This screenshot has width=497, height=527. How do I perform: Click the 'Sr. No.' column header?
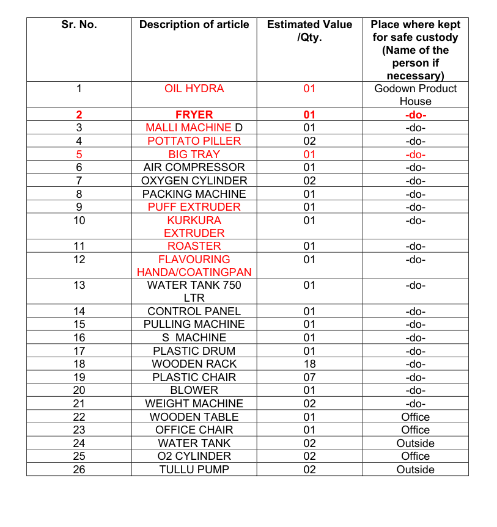tap(79, 25)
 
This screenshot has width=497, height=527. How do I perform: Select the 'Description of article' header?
tap(194, 25)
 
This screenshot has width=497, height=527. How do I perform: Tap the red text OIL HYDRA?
tap(194, 89)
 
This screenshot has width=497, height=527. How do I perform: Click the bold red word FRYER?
tap(194, 115)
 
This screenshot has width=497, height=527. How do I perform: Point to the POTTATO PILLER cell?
tap(194, 141)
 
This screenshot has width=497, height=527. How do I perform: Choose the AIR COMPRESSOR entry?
tap(194, 167)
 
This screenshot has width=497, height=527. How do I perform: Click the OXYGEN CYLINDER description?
tap(194, 181)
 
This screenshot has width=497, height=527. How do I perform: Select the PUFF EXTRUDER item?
tap(194, 207)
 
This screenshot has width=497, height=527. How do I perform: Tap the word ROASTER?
tap(194, 246)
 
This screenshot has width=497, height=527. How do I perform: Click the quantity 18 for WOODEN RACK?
tap(309, 364)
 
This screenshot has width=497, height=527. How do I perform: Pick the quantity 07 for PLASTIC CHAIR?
tap(309, 377)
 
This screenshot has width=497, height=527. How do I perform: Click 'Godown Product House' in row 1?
tap(415, 95)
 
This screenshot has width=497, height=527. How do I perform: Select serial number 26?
tap(79, 470)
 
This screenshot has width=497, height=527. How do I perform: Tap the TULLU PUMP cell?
tap(194, 470)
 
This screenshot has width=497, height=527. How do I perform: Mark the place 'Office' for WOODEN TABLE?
tap(415, 417)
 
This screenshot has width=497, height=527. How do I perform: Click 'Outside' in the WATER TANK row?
tap(415, 443)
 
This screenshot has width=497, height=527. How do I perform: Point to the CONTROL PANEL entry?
tap(194, 311)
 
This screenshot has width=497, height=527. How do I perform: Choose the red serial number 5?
tap(79, 154)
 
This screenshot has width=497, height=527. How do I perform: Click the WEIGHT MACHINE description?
tap(194, 404)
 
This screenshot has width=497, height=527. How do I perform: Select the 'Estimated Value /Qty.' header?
tap(309, 31)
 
